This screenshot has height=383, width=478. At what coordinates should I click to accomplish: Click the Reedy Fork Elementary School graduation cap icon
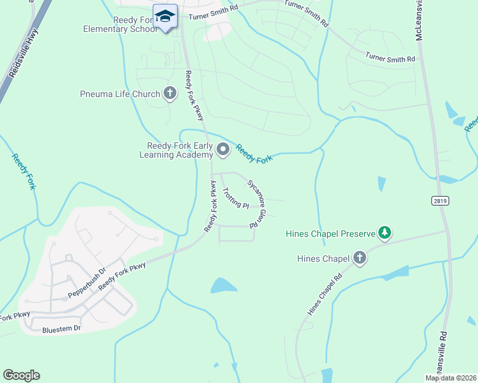[165, 17]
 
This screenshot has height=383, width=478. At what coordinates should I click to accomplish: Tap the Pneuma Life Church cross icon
[169, 94]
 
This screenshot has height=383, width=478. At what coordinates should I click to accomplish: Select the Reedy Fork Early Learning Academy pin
[222, 150]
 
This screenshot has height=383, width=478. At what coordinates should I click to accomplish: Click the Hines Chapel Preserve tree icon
[384, 233]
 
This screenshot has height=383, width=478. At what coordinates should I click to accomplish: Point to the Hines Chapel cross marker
[359, 259]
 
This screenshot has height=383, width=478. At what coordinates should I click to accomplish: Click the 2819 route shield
[440, 200]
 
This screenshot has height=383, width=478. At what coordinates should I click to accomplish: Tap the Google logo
[21, 375]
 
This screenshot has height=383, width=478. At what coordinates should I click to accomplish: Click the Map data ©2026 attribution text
[451, 378]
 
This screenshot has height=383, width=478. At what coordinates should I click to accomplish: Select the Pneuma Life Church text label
[120, 94]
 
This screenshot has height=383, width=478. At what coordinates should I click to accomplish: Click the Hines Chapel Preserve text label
[330, 234]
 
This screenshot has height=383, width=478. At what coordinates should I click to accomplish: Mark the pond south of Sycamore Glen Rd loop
[225, 285]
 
